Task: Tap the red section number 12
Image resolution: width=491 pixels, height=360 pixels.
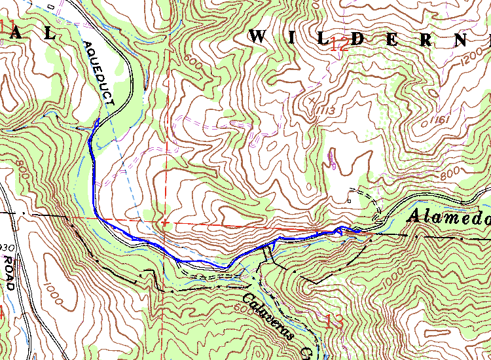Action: click(339, 45)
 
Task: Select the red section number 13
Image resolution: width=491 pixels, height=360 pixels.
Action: click(334, 321)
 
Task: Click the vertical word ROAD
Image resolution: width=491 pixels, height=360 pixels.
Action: click(9, 272)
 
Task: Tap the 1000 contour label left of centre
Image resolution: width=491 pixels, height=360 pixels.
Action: click(56, 295)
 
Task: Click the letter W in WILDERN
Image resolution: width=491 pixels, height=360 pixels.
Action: click(259, 37)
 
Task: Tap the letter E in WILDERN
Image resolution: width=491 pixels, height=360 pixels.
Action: click(391, 39)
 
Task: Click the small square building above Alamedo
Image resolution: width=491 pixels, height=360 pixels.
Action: click(350, 200)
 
